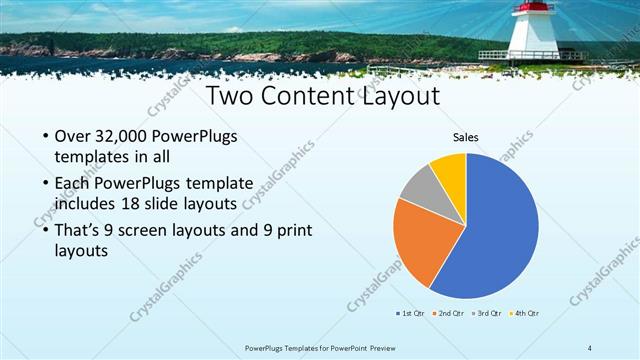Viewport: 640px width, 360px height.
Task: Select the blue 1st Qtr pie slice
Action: (495, 235)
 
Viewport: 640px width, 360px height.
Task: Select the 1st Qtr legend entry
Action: (411, 313)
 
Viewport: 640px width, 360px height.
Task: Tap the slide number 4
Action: (590, 347)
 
